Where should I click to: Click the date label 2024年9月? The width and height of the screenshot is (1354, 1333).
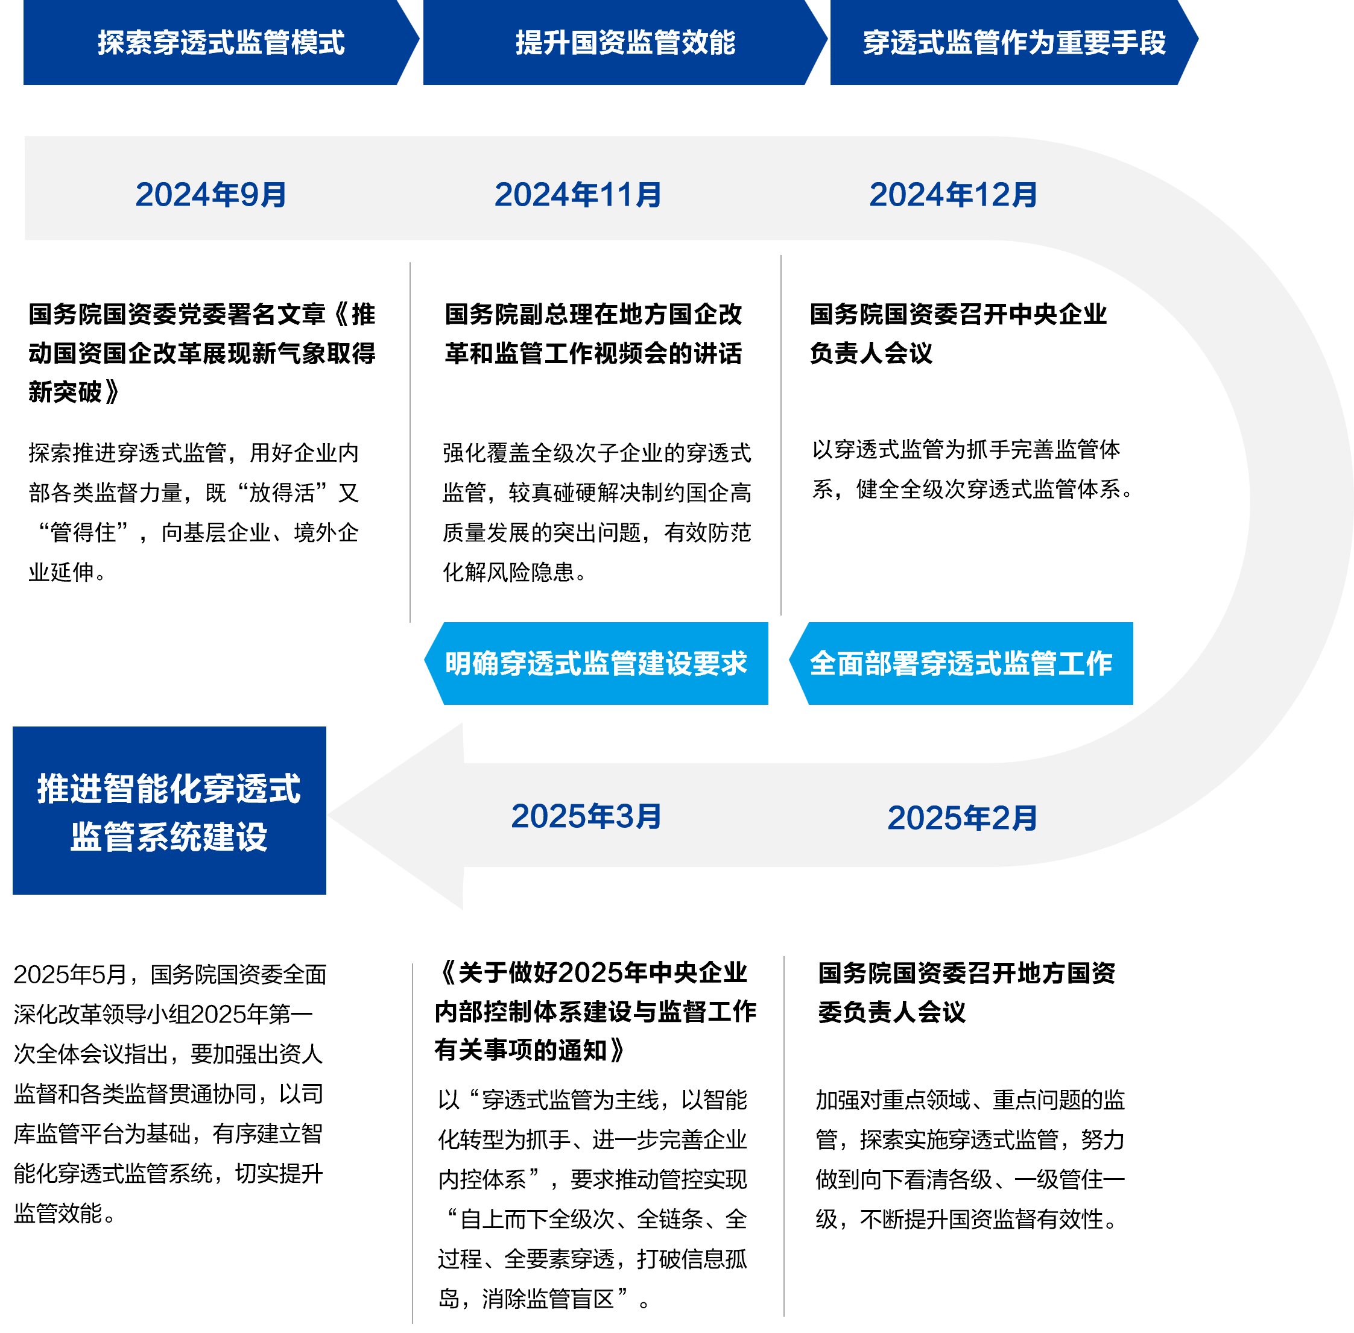tap(211, 195)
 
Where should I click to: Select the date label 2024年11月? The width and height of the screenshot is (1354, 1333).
tap(578, 195)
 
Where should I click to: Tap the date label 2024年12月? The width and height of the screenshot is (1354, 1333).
tap(953, 195)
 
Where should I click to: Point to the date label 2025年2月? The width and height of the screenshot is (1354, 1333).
tap(962, 818)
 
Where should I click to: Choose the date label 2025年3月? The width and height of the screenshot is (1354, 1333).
tap(586, 816)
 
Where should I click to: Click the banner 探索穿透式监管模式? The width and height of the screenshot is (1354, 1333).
tap(221, 43)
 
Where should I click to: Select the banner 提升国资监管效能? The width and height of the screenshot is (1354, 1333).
tap(625, 43)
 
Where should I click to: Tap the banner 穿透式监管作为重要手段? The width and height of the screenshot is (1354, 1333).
tap(1014, 43)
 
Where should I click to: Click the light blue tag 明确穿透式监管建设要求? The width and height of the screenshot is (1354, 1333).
tap(596, 663)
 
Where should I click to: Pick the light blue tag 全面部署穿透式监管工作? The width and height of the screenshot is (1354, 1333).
tap(960, 663)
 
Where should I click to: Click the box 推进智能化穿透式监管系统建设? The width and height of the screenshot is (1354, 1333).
tap(169, 811)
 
